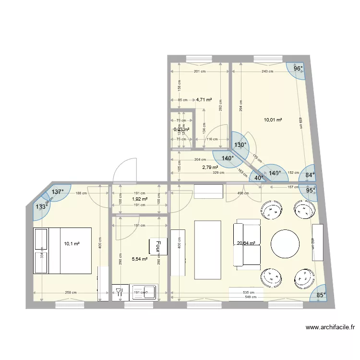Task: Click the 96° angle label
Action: click(x=298, y=69)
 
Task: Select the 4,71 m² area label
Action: click(x=204, y=100)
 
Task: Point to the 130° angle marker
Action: click(x=240, y=144)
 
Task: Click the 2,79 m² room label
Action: click(x=210, y=168)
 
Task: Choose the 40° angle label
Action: click(x=259, y=178)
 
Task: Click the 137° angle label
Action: click(x=58, y=192)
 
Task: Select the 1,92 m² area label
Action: click(x=139, y=199)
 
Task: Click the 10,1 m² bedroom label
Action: click(x=72, y=243)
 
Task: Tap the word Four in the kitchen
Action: click(x=157, y=246)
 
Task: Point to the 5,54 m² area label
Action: click(x=139, y=259)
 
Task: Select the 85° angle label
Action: click(x=321, y=295)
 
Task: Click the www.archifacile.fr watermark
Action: click(x=331, y=328)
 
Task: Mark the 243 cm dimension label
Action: click(x=267, y=72)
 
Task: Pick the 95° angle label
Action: click(x=311, y=190)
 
